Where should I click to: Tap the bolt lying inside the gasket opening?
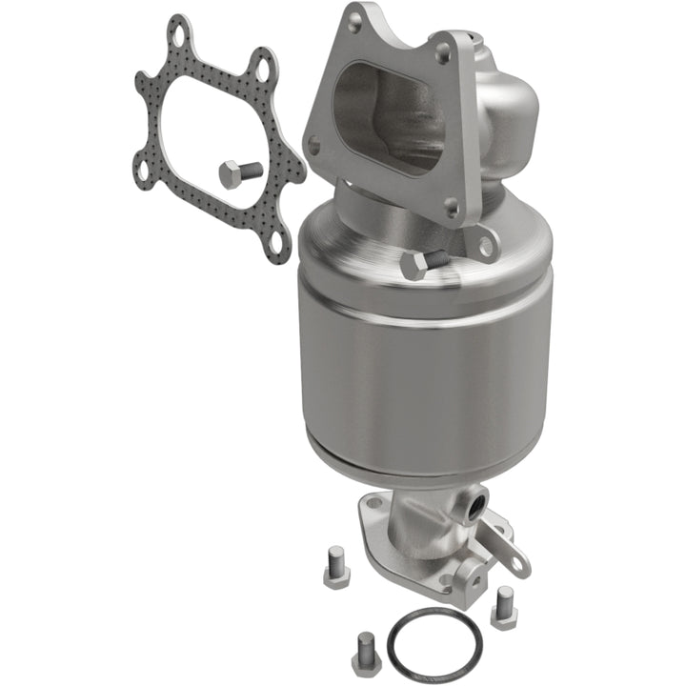click(239, 173)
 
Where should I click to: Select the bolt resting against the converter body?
click(420, 265)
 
